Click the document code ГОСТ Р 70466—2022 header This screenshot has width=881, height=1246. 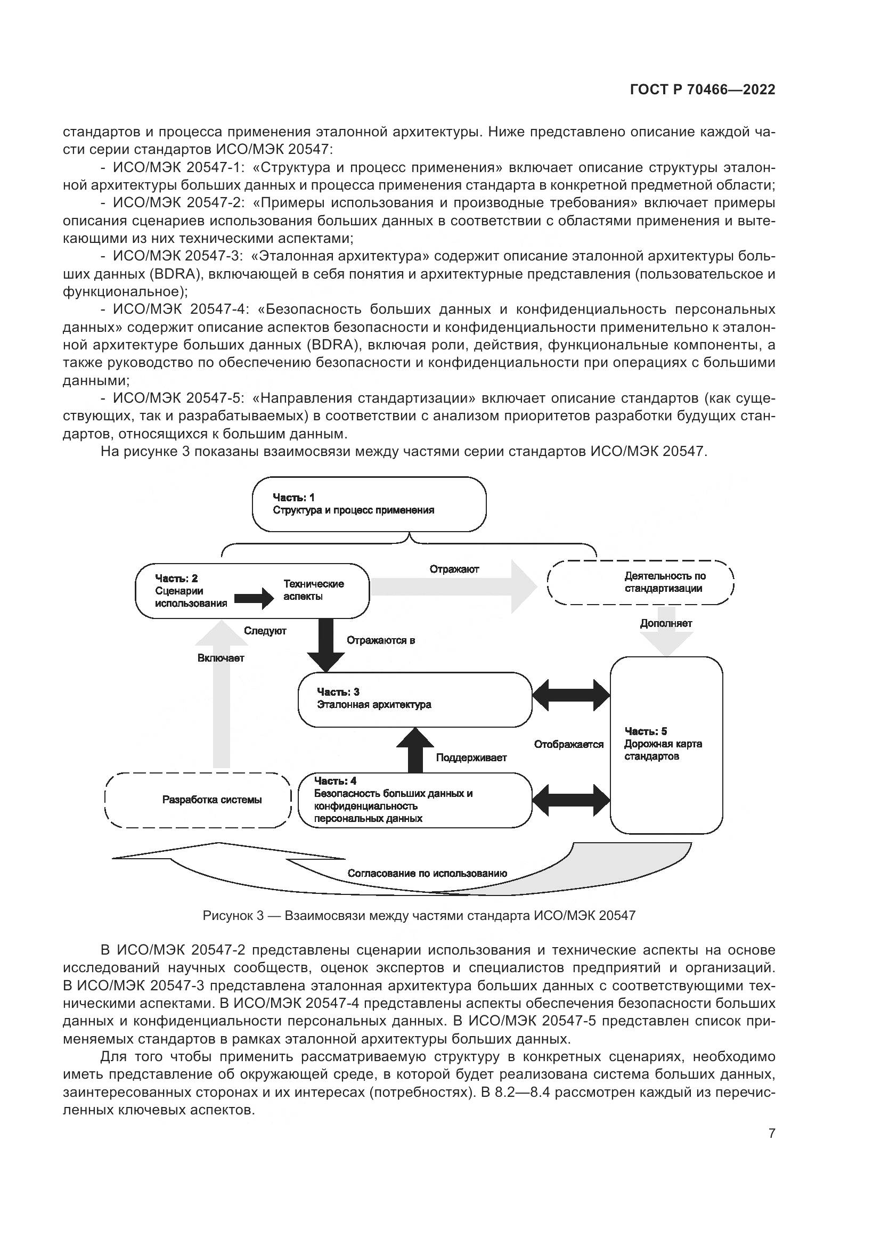coord(703,90)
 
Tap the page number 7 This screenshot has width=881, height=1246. coord(771,1133)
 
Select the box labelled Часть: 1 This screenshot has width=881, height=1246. coord(369,504)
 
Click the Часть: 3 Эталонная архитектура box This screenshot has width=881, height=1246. coord(415,699)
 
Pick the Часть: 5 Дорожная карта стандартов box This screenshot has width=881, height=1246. coord(666,745)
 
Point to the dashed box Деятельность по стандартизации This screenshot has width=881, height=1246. coord(641,582)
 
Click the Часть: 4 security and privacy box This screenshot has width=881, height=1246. coord(415,800)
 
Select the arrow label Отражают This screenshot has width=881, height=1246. coord(454,569)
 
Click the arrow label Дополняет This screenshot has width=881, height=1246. coord(666,624)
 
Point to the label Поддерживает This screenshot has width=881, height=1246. coord(471,758)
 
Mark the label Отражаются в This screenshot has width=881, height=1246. coord(381,640)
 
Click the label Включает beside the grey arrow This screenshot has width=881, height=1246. coord(221,658)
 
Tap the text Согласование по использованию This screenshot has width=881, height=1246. coord(427,873)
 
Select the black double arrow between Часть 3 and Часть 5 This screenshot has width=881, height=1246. coord(571,695)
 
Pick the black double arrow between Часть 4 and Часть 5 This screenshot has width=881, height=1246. coord(571,800)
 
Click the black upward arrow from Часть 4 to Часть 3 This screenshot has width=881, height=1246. coord(415,750)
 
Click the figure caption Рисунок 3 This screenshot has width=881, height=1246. coord(419,916)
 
